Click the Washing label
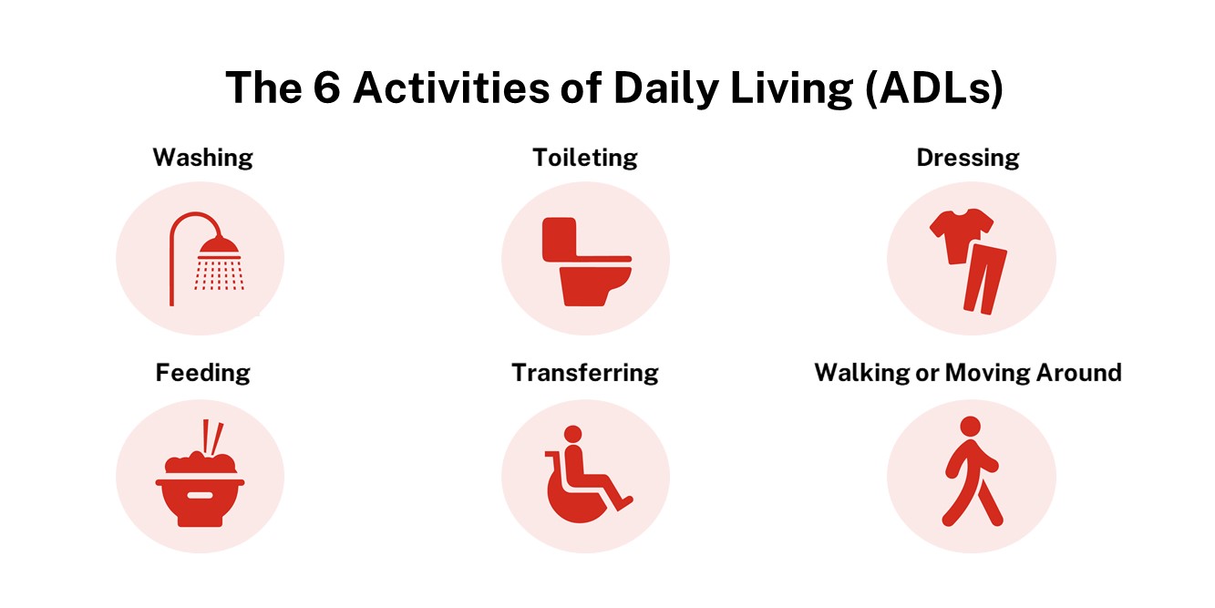[203, 158]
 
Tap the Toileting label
[585, 158]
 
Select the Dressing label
[968, 158]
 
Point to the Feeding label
[203, 373]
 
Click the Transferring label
[585, 373]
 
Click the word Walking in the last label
[862, 373]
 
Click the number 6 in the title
[326, 88]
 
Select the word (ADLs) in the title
[934, 88]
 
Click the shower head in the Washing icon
[219, 248]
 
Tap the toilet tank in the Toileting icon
[559, 238]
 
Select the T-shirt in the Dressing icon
[961, 234]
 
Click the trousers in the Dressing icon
[984, 279]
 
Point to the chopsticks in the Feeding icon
[212, 438]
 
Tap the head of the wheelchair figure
[572, 434]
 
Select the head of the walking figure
[971, 427]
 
